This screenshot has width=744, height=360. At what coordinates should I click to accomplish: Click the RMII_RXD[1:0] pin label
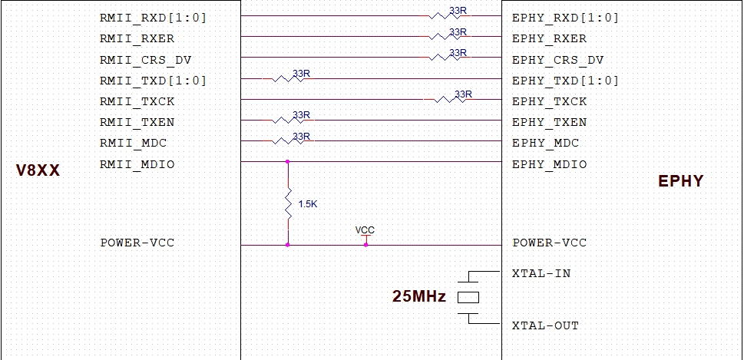click(x=153, y=18)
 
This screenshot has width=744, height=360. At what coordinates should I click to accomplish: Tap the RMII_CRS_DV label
click(x=145, y=60)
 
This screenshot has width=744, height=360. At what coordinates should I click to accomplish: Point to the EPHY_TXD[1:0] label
click(x=564, y=81)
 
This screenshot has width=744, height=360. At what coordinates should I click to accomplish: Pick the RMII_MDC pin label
click(x=133, y=143)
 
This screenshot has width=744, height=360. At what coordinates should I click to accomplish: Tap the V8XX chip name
click(x=38, y=171)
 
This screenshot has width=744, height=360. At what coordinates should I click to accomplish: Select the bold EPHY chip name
click(x=680, y=182)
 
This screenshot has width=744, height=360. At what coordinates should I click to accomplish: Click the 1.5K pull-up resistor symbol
click(x=288, y=203)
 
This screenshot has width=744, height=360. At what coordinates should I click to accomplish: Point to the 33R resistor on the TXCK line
click(x=448, y=99)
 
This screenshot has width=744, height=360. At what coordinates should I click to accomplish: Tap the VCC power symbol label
click(x=365, y=230)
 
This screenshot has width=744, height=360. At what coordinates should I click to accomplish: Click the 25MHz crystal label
click(x=419, y=296)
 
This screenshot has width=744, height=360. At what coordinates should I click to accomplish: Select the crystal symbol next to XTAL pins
click(x=468, y=297)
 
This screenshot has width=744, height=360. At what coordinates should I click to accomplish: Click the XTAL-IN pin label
click(x=541, y=273)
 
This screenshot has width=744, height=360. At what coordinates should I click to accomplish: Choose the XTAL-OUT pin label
click(x=544, y=325)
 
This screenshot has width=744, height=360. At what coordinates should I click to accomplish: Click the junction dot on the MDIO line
click(x=288, y=162)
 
